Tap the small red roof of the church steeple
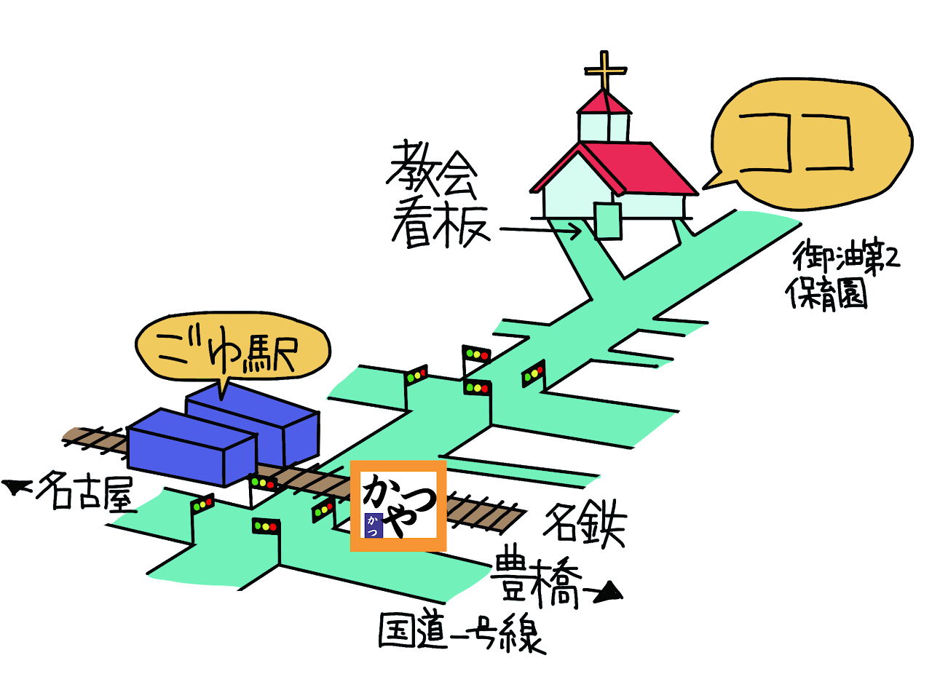point(604,103)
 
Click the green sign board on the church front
point(608,221)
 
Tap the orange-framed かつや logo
point(398,505)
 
